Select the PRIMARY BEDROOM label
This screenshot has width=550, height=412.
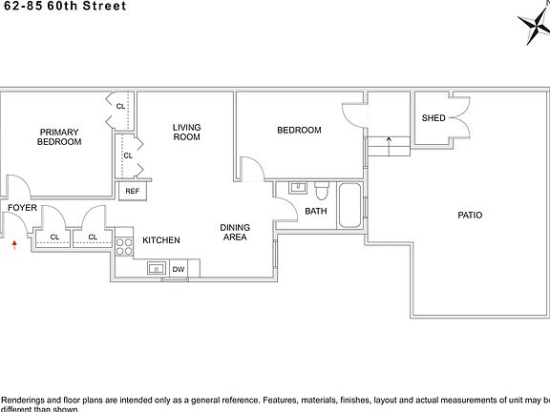[59, 136]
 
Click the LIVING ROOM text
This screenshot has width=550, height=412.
[186, 132]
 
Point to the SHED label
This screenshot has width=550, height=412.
[434, 118]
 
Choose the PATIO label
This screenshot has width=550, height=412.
[469, 216]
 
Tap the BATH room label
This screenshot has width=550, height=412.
[317, 212]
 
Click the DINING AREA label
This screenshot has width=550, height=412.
[235, 233]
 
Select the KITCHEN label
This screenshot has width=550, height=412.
[161, 240]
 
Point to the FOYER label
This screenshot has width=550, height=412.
[22, 207]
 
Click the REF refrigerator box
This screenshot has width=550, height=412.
[132, 191]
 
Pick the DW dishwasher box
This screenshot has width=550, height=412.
[178, 269]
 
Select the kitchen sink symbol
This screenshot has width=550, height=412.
[158, 268]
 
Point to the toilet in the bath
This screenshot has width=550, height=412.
[323, 187]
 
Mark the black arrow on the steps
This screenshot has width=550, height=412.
[388, 139]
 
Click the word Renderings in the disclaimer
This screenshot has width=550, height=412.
[27, 400]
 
